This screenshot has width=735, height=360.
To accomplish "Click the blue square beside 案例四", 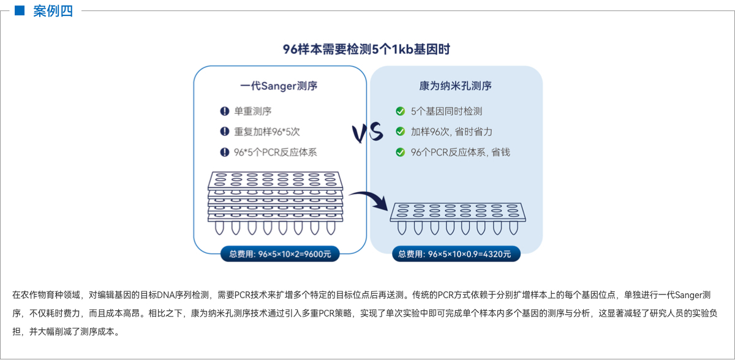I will click(x=19, y=10).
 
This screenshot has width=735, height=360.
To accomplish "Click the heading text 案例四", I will click(x=53, y=10).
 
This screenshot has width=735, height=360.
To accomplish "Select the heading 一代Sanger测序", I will click(x=279, y=86).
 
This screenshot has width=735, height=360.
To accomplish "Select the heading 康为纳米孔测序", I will click(x=456, y=86).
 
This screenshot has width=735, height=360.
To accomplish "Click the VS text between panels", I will click(x=367, y=132).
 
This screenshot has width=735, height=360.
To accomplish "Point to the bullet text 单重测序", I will click(x=253, y=111).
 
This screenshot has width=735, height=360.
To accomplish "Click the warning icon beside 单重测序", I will click(x=224, y=111).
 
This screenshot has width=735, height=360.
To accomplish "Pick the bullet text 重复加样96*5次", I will click(x=267, y=132).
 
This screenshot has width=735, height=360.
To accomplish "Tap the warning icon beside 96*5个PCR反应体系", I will click(x=224, y=152).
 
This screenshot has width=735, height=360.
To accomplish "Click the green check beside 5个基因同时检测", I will click(x=400, y=111).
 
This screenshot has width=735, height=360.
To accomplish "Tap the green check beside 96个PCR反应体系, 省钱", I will click(x=400, y=152).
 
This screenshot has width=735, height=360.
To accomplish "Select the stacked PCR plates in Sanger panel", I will click(x=275, y=202).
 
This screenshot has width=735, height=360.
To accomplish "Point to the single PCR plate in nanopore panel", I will click(x=458, y=218).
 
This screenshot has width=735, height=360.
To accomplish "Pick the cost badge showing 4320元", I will click(x=456, y=253).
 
